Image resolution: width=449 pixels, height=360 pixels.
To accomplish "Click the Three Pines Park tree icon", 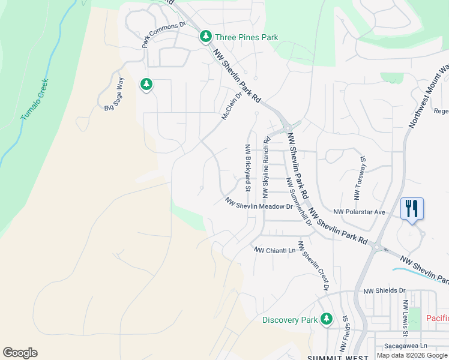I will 206,37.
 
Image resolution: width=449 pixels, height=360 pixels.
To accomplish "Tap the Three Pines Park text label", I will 247,37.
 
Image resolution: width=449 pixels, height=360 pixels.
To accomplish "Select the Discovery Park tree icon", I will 327,319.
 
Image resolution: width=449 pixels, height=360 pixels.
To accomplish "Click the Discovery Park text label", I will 289,320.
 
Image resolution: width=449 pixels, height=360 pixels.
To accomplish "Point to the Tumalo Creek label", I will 34,98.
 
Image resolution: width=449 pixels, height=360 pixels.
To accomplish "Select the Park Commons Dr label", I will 164,35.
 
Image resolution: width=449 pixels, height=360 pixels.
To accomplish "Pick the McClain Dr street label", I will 231,105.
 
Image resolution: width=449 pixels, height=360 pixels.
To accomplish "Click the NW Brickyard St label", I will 247,168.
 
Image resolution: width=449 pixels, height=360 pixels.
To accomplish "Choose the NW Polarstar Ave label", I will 359,212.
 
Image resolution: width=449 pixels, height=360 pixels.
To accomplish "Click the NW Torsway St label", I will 360,179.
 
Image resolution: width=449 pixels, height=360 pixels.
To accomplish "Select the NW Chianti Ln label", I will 275,250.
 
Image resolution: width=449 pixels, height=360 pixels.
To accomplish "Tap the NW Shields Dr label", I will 385,290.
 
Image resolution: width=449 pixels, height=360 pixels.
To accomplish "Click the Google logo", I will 20,353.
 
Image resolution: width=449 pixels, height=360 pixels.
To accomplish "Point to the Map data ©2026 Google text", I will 412,355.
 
